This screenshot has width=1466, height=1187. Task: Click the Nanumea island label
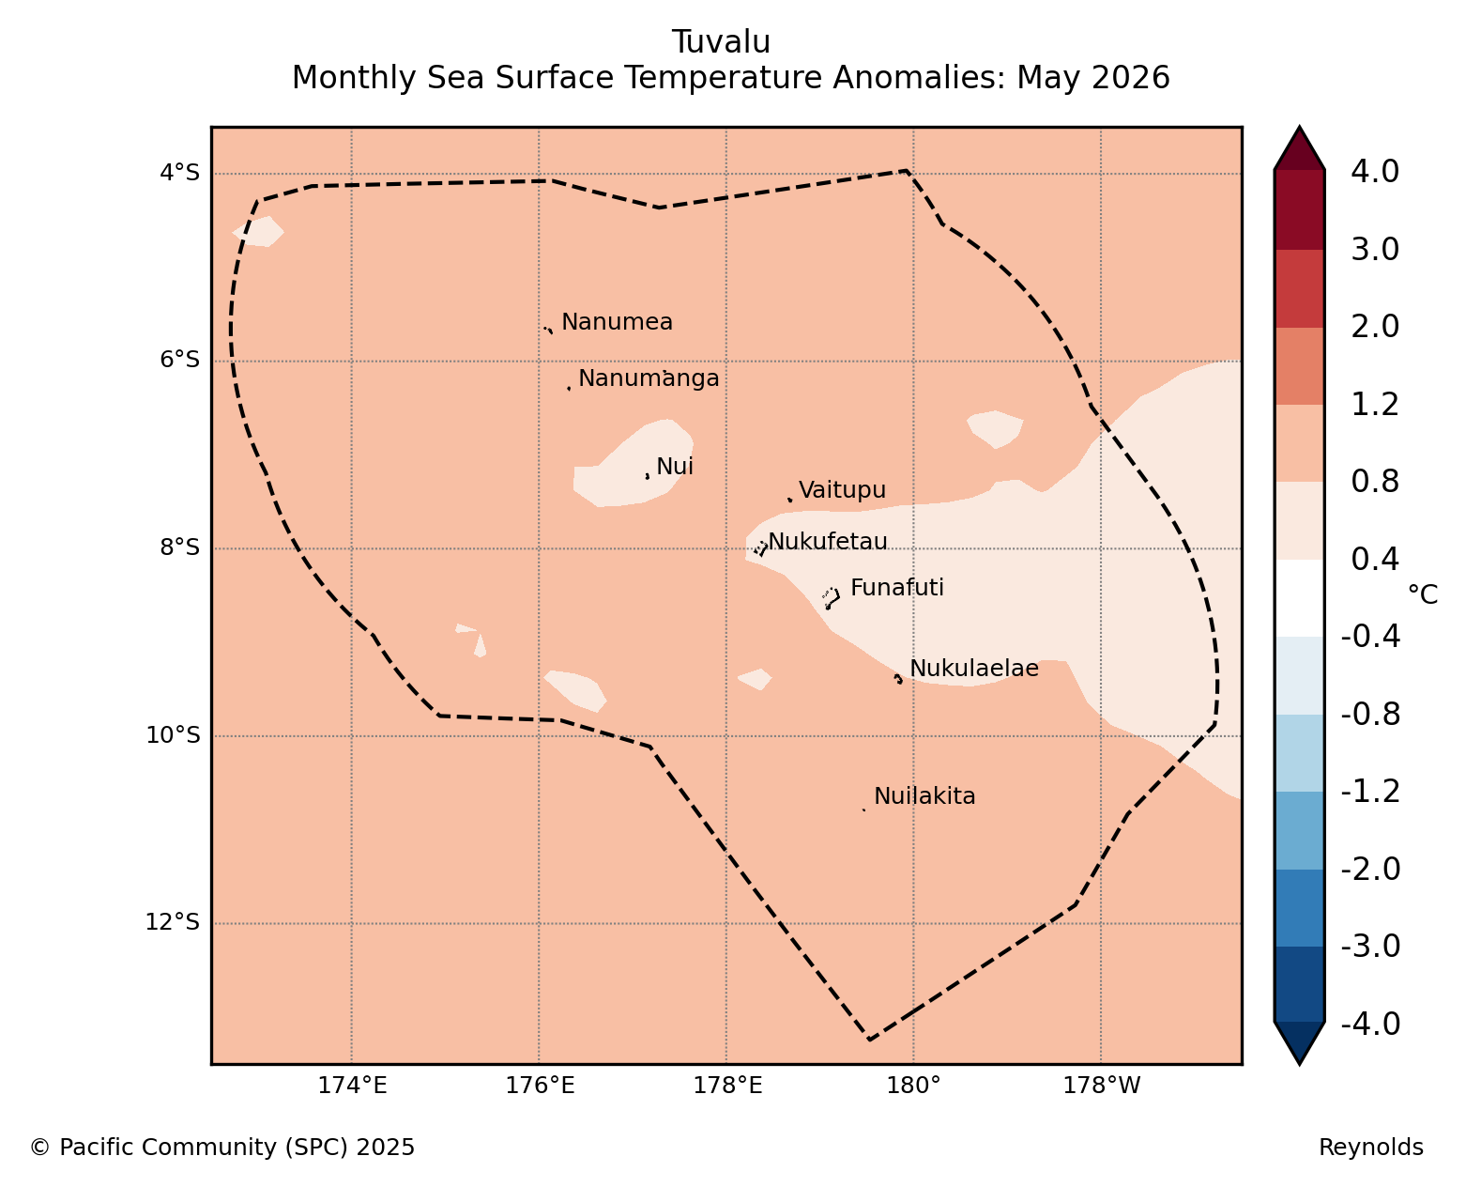617,321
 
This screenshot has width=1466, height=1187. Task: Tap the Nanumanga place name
649,378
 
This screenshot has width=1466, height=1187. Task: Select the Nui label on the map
675,466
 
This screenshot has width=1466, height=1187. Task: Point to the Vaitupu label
842,490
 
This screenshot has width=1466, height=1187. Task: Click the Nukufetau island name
827,541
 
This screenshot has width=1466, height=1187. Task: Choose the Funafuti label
897,587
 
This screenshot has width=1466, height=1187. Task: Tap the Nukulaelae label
974,668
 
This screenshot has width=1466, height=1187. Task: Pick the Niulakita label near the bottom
924,796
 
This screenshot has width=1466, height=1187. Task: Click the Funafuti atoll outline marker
831,597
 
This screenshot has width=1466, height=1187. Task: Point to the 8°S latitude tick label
179,547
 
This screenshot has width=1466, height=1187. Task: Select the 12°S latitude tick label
172,922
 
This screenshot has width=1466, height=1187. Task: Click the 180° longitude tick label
913,1086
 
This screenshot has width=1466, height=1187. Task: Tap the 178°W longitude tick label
1101,1086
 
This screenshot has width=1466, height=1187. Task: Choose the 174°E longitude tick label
352,1086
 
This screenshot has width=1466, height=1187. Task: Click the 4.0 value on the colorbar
1374,172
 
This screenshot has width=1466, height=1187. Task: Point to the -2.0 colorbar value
1370,869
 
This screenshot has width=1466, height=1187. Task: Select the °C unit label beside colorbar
1423,594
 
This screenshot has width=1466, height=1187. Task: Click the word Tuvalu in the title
721,42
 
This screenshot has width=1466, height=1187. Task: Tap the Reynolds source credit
1371,1147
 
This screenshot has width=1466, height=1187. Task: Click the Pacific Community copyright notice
222,1147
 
